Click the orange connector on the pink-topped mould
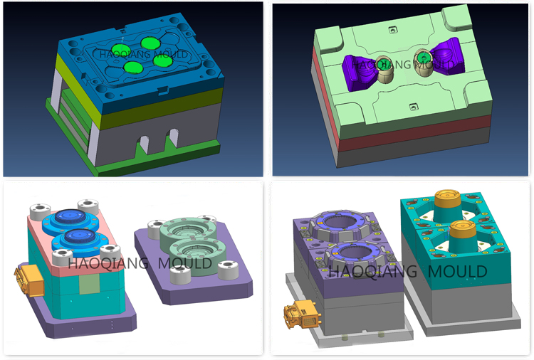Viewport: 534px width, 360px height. pos(30,280)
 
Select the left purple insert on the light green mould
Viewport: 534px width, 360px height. pos(359,73)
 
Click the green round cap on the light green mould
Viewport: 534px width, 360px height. pos(423,57)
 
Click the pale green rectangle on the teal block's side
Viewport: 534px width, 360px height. pos(89,284)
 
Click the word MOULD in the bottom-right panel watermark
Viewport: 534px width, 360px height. pos(457,271)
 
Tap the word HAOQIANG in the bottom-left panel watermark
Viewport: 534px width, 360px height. pos(108,263)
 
